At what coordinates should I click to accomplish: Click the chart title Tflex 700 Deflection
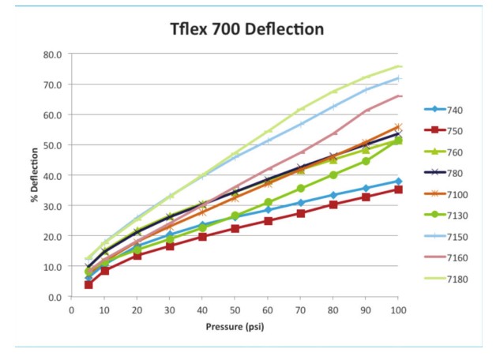247,30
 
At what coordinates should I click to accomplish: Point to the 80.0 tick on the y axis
52,54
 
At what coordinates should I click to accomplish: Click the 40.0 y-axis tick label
52,175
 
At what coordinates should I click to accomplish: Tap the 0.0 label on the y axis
55,297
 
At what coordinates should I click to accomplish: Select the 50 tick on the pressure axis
235,309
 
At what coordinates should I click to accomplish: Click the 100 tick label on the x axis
398,309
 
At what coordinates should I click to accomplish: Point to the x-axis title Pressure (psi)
235,325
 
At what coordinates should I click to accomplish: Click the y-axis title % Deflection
34,175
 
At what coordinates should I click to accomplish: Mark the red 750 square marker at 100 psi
398,189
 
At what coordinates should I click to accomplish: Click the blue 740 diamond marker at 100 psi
398,181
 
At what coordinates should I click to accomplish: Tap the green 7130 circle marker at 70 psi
300,189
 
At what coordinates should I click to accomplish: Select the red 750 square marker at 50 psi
235,228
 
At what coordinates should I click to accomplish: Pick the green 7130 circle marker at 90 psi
366,161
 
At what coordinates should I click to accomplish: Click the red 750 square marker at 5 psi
88,284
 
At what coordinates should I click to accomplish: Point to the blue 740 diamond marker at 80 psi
333,195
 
